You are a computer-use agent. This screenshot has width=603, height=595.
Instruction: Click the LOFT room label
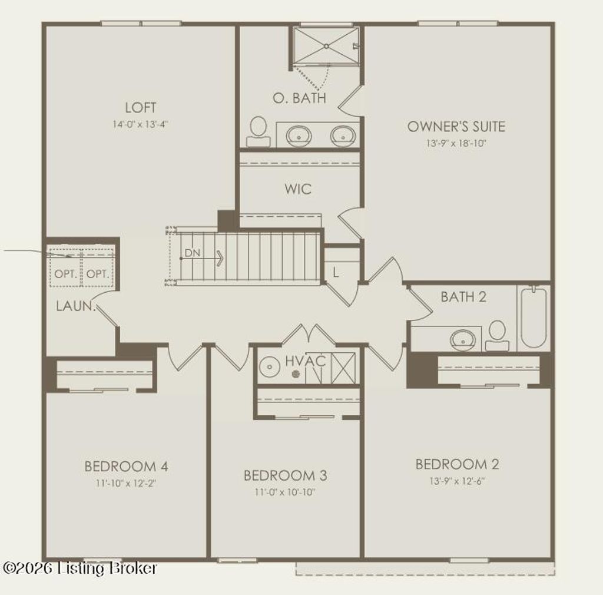tap(141, 108)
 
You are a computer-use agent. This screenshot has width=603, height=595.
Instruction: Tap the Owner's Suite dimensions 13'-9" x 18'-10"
tap(456, 143)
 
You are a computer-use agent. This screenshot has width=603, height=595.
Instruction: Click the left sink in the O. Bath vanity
tap(299, 135)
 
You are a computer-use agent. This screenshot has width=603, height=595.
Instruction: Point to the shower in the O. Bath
tap(326, 46)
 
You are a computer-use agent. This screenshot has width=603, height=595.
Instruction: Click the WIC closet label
tap(298, 190)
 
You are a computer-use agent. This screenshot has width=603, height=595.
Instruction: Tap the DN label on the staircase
tap(192, 253)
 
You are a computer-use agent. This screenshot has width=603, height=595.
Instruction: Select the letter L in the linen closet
tap(336, 273)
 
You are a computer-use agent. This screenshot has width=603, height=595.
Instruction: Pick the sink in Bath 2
tap(463, 340)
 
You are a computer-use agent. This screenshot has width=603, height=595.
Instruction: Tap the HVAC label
tap(306, 361)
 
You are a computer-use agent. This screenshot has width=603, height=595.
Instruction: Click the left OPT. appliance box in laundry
tap(65, 274)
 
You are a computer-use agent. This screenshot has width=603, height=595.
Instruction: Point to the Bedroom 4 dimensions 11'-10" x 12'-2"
tap(127, 483)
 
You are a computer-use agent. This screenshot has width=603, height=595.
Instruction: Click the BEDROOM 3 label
tap(286, 475)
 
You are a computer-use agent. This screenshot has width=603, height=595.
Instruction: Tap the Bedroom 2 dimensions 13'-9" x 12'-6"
tap(457, 481)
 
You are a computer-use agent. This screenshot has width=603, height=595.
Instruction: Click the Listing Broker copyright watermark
tap(80, 568)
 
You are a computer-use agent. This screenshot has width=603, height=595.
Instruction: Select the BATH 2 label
tap(463, 297)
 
